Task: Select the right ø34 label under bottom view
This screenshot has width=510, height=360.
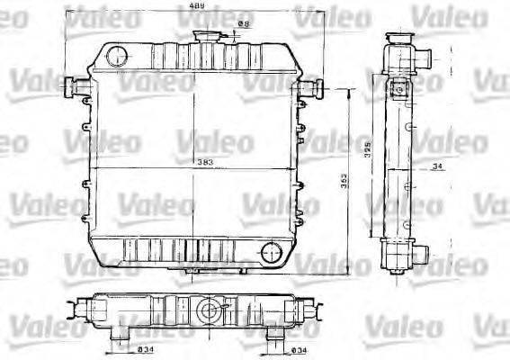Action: coord(301,349)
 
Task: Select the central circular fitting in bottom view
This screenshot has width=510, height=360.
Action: coord(208,312)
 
